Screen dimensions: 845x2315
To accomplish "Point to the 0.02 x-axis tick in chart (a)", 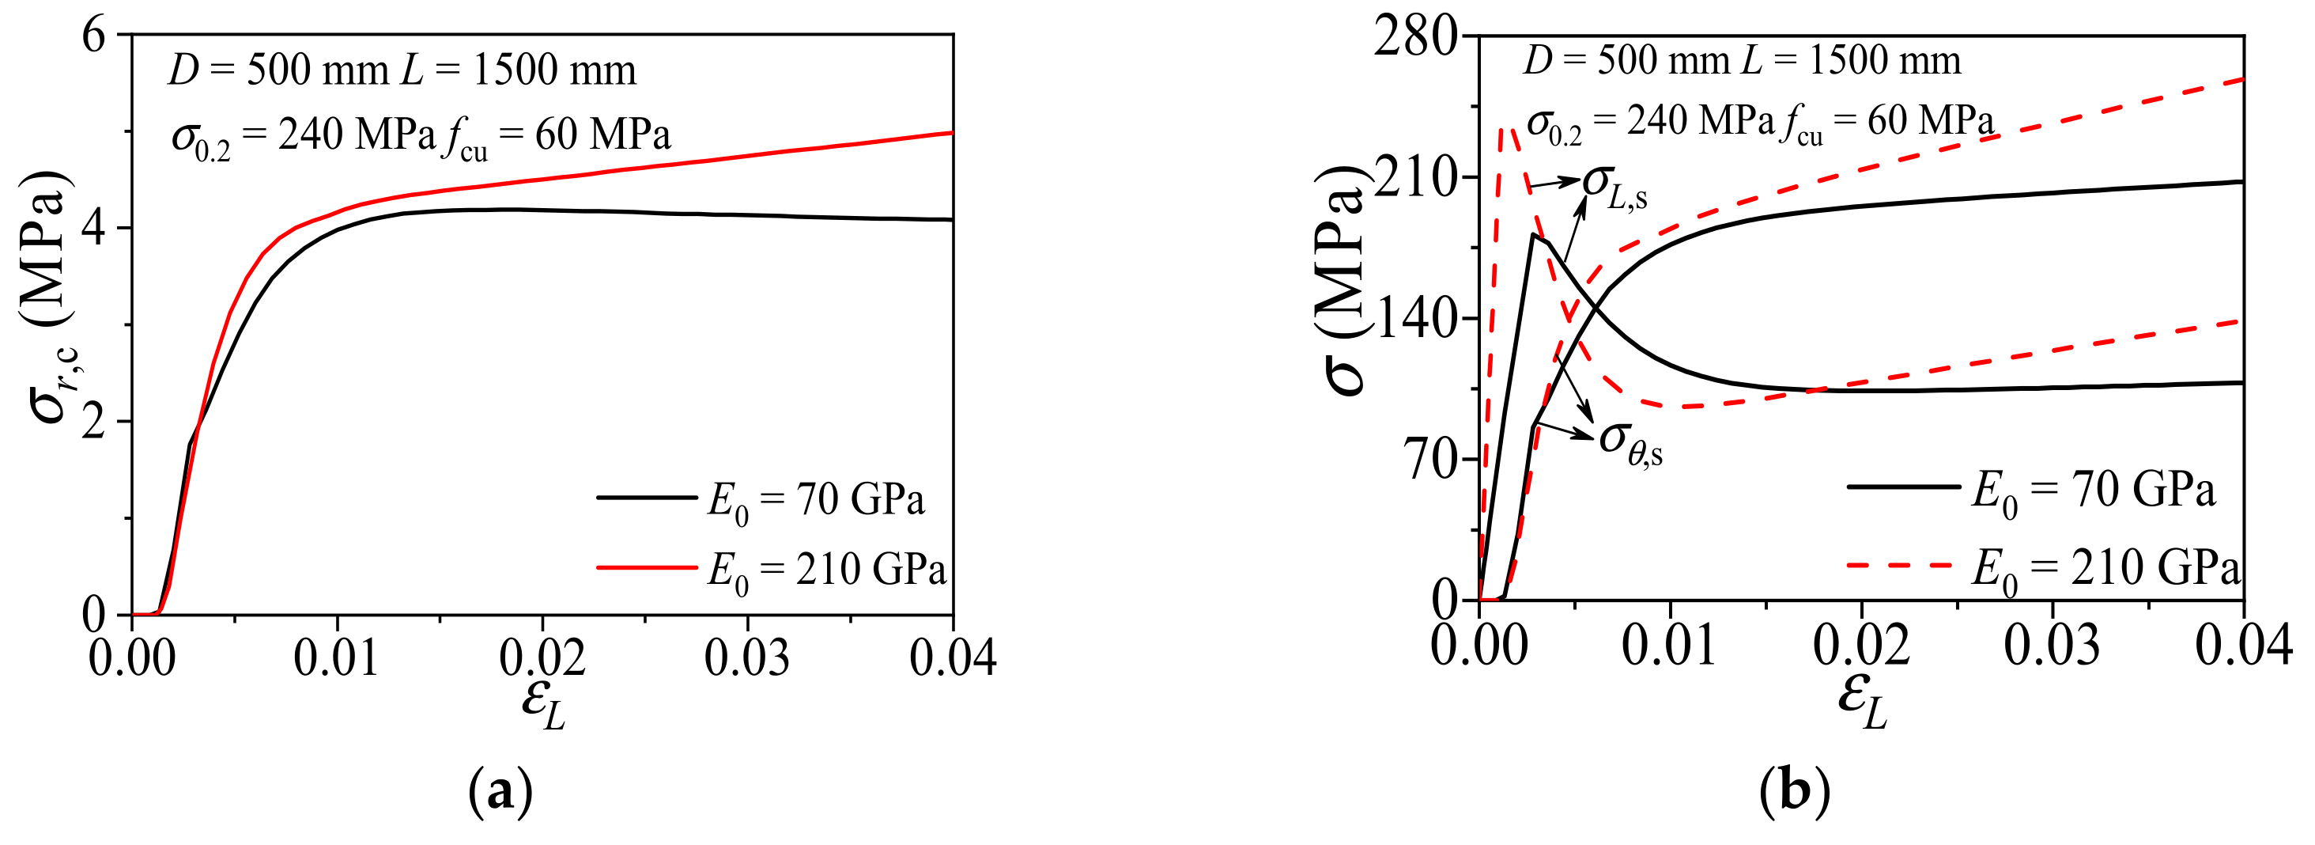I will (542, 658).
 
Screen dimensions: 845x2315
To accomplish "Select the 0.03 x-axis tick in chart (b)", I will (2052, 646).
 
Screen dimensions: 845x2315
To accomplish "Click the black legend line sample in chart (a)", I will (645, 496).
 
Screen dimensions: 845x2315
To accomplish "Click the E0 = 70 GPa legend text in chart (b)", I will (2092, 491).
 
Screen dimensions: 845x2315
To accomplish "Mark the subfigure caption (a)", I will (500, 793).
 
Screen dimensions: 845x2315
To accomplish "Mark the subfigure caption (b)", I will (1794, 793).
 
